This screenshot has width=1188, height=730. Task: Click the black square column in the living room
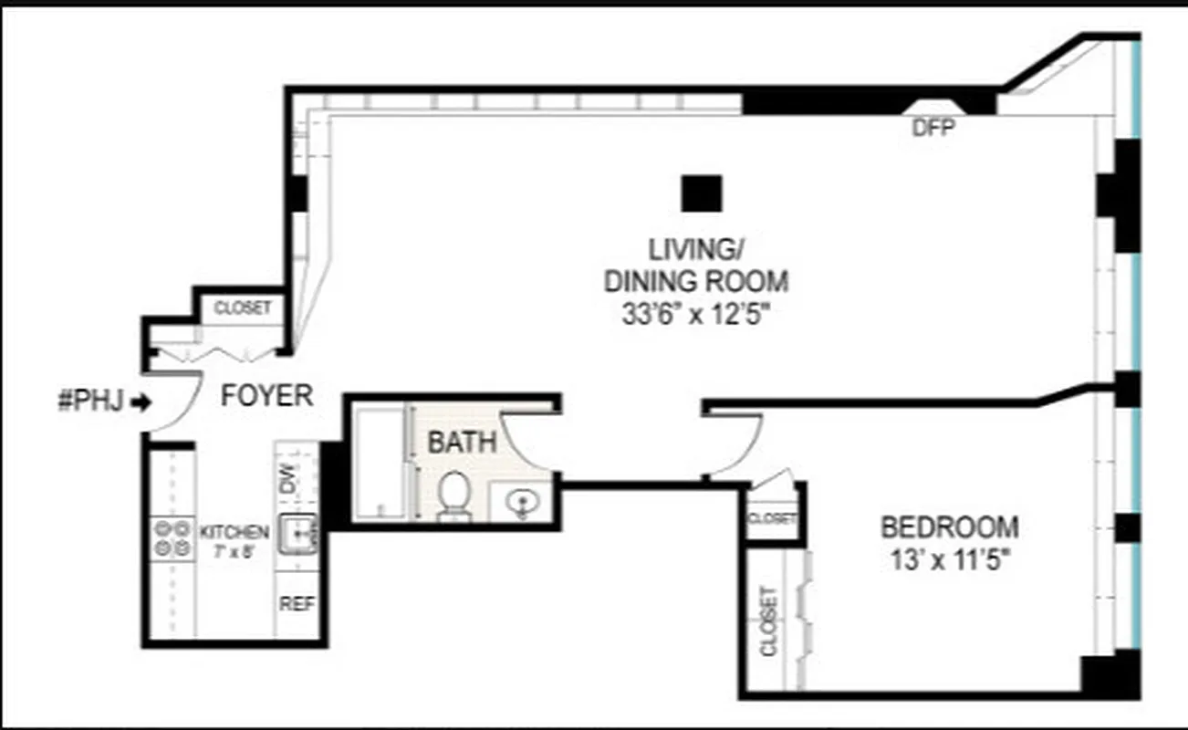coord(701,193)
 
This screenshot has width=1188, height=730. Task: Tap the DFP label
coord(933,130)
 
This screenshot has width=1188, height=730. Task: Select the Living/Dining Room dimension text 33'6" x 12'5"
coord(695,314)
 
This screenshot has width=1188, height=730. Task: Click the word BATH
coord(463,443)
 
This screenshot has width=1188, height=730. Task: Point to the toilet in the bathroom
coord(453,495)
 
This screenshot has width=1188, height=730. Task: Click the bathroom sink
coord(521,503)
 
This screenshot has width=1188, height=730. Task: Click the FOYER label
coord(267,396)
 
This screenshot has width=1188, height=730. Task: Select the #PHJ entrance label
coord(89,401)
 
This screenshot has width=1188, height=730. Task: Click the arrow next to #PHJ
coord(141,401)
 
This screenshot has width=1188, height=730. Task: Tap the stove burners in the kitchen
coord(172,537)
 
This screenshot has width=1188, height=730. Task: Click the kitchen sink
coord(298,532)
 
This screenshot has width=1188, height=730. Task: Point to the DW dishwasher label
coord(287,477)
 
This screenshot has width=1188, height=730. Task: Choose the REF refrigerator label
coord(297,604)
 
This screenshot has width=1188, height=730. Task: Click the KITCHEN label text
coord(234,532)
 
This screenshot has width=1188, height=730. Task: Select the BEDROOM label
coord(949,527)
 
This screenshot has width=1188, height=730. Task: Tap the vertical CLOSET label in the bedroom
coord(769,620)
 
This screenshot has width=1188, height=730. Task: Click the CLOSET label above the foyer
coord(242,308)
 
